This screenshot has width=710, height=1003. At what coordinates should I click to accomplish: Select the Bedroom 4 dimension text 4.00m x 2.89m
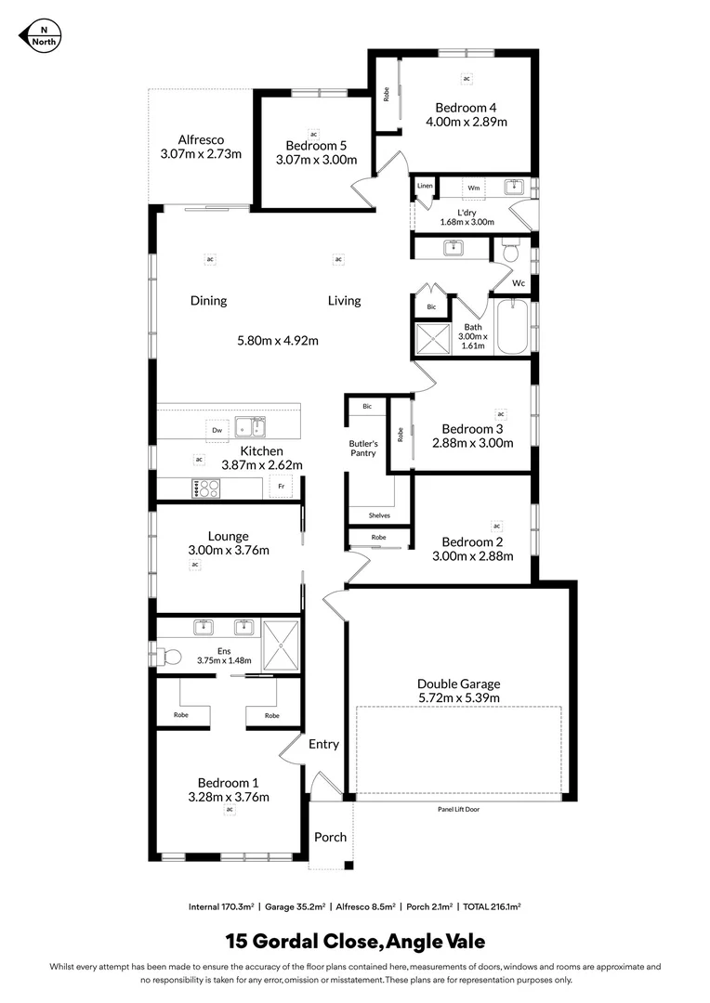[x=467, y=122]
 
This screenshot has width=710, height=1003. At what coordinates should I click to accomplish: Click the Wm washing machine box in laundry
[x=474, y=188]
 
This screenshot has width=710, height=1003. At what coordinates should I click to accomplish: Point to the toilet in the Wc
[x=509, y=252]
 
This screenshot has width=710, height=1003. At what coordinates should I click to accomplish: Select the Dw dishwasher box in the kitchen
[x=217, y=430]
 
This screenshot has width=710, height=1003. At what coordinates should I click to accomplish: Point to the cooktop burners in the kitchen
[x=205, y=488]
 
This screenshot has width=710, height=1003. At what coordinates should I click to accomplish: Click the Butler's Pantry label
[x=362, y=448]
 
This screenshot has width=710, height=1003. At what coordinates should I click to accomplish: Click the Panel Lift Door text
[x=458, y=809]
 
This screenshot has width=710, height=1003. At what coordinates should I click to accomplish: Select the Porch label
[x=330, y=837]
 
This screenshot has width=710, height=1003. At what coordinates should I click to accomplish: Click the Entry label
[x=323, y=744]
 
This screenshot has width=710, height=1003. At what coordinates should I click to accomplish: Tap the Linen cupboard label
[x=425, y=186]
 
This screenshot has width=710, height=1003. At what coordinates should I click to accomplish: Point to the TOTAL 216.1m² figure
[x=490, y=905]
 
